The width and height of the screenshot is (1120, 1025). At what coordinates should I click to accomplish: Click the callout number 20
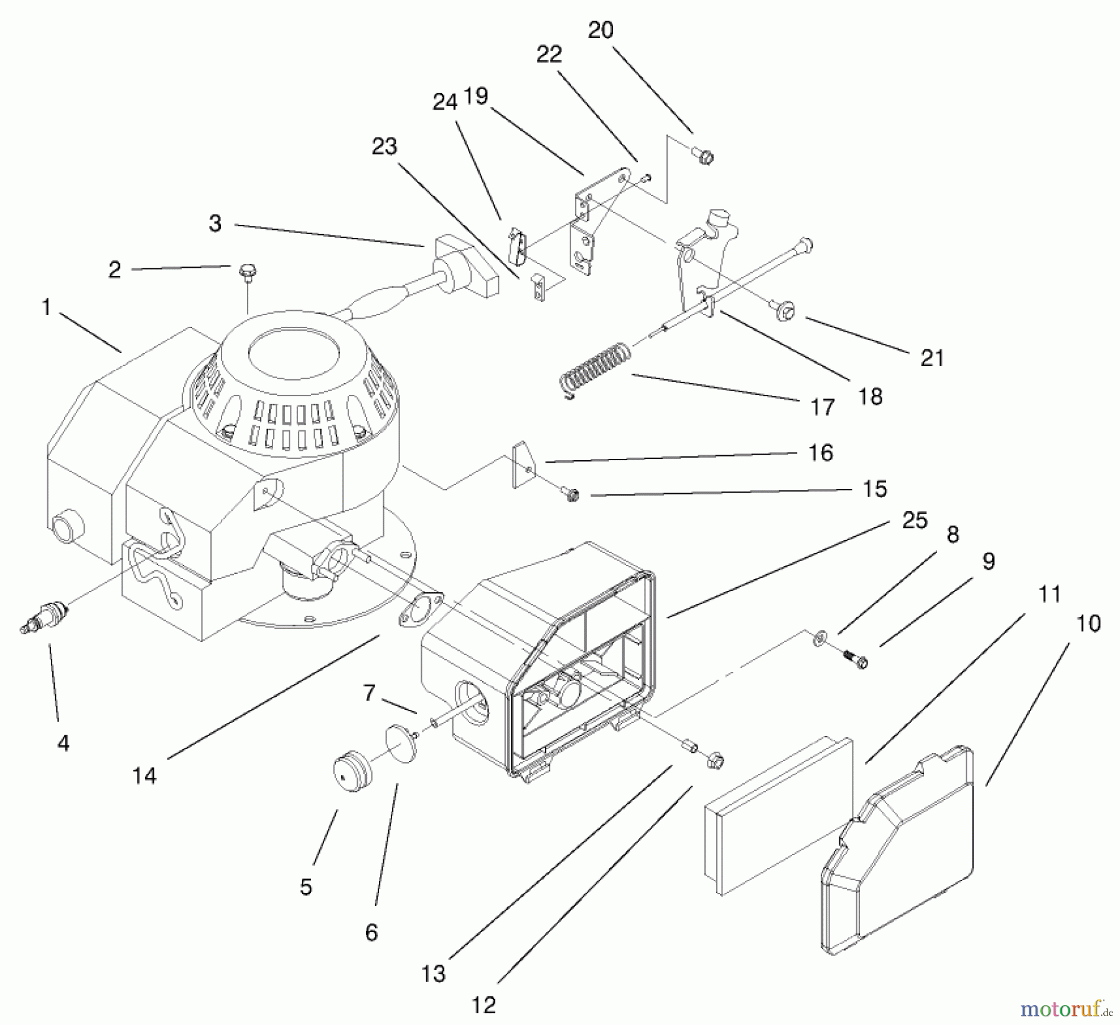coord(600,30)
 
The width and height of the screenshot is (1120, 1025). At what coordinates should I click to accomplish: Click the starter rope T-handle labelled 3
coord(467,266)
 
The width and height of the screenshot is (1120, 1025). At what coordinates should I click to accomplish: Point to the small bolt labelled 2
coord(247,273)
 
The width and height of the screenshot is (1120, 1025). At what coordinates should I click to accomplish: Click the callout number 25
coord(915,520)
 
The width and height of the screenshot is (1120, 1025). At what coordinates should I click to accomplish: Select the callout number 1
coord(45,307)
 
